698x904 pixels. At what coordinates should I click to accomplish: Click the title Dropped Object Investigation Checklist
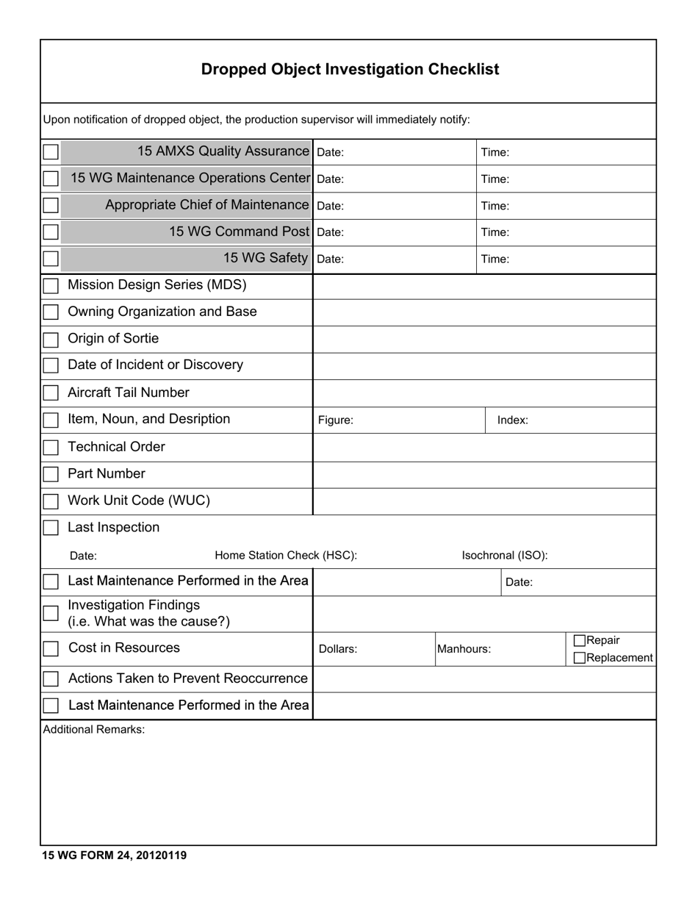[x=350, y=69]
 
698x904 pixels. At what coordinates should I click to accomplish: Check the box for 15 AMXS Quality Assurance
[x=51, y=152]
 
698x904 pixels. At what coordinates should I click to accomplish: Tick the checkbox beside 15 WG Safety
[x=51, y=259]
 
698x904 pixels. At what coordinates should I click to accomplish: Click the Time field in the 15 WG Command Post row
[x=566, y=232]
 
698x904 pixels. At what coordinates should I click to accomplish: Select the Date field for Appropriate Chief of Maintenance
[x=395, y=206]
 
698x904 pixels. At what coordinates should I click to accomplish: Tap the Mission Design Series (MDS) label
[x=157, y=285]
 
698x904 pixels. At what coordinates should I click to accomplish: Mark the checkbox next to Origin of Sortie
[x=51, y=340]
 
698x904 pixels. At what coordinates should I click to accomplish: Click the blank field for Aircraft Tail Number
[x=484, y=392]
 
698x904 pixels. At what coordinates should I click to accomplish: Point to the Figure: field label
[x=336, y=420]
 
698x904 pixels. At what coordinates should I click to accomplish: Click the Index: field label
[x=513, y=420]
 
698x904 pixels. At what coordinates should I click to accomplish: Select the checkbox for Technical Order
[x=51, y=448]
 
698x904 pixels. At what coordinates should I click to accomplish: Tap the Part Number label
[x=107, y=474]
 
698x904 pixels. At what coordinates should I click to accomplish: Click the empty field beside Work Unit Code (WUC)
[x=484, y=501]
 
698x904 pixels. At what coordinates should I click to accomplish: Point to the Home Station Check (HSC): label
[x=286, y=556]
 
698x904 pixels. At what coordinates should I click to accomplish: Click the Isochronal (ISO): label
[x=505, y=556]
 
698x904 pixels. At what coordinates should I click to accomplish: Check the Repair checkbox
[x=579, y=641]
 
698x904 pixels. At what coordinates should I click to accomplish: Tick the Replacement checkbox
[x=579, y=658]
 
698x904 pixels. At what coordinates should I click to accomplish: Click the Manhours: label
[x=464, y=649]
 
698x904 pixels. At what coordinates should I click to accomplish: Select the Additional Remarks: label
[x=94, y=730]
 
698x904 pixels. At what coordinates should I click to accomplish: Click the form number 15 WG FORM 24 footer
[x=115, y=855]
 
